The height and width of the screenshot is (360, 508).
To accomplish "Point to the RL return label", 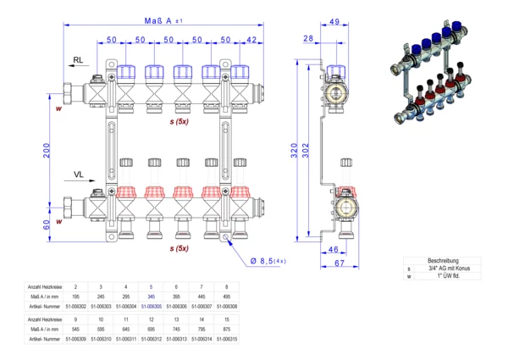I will click(78, 60).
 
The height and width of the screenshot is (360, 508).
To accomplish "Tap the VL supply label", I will click(78, 174).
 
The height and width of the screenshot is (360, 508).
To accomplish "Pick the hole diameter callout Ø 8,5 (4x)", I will click(268, 261).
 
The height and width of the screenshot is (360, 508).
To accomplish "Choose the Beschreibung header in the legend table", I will click(443, 261).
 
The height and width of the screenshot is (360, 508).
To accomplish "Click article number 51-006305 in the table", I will click(152, 307).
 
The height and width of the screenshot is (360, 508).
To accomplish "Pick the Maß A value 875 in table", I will click(227, 328).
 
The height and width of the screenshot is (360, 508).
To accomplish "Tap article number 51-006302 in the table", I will click(76, 307).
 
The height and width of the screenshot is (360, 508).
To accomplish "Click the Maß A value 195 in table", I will click(76, 296).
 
